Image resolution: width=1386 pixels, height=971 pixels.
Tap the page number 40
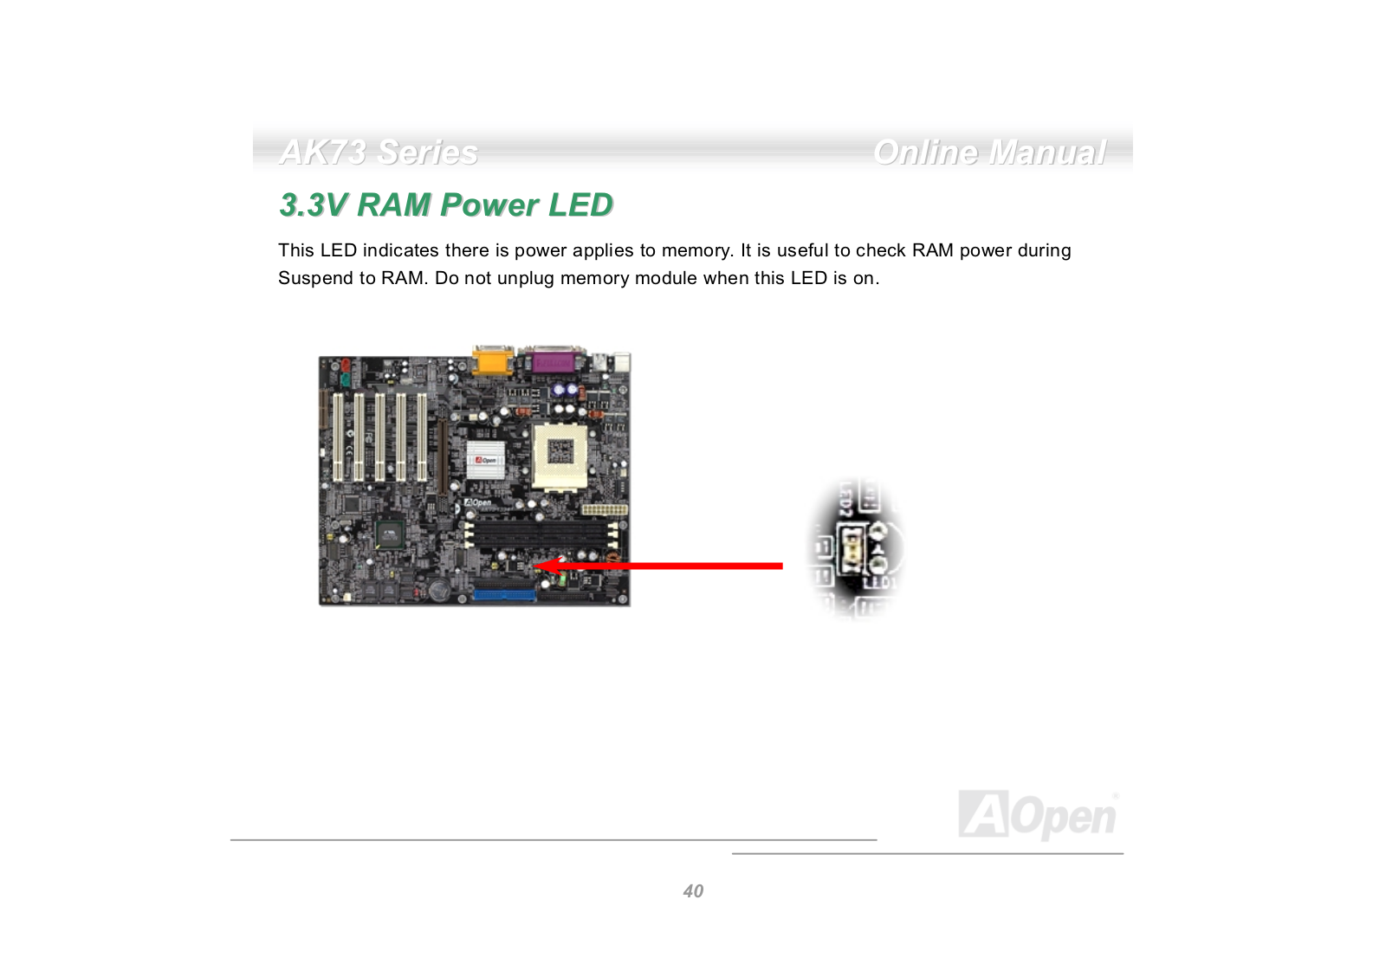693,891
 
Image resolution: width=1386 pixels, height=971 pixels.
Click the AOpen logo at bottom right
1037,815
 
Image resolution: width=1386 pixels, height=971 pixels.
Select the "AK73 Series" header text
379,152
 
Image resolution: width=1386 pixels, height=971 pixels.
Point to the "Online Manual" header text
989,152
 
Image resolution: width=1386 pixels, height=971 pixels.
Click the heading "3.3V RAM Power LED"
446,205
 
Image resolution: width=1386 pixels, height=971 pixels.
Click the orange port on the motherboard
491,359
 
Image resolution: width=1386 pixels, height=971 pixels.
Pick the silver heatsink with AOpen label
487,459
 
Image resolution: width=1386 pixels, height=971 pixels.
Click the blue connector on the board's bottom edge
504,595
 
